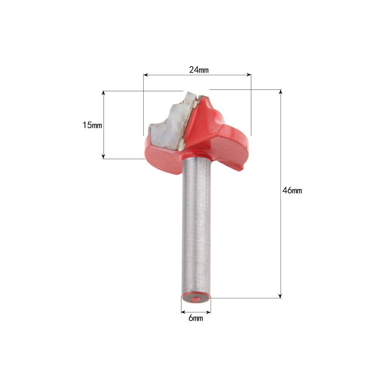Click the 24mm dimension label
click(199, 70)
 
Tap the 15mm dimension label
click(92, 125)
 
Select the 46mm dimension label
click(292, 190)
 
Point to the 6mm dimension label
click(196, 318)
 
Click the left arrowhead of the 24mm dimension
click(145, 75)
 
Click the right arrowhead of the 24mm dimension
click(249, 75)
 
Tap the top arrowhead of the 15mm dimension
click(104, 93)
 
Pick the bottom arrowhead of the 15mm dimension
click(104, 156)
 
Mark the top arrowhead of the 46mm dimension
click(281, 92)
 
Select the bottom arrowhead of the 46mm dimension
click(281, 296)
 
